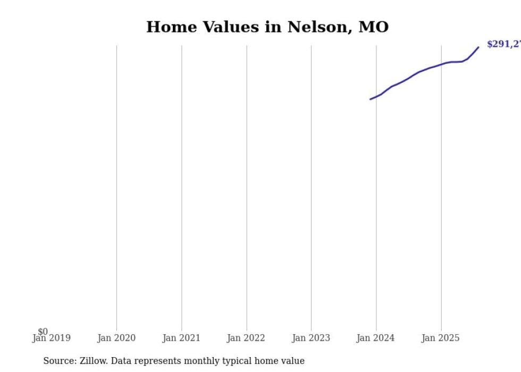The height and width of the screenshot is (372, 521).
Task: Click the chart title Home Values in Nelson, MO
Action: tap(267, 27)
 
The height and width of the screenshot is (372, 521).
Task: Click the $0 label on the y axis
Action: tap(43, 332)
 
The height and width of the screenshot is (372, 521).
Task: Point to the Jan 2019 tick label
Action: tap(52, 338)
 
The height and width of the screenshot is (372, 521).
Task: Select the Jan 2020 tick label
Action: tap(116, 338)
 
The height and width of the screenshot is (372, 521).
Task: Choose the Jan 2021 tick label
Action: tap(181, 338)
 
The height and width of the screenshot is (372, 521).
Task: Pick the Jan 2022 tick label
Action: tap(246, 338)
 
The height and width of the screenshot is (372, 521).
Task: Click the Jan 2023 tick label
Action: tap(311, 338)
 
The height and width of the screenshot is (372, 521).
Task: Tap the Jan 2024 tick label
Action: tap(376, 338)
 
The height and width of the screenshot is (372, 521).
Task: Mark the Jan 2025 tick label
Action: tap(441, 338)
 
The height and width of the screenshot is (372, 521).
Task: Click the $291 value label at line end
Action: tap(503, 45)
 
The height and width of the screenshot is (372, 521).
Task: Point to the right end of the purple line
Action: tap(478, 47)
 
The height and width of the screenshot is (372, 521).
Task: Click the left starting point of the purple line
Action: tap(371, 99)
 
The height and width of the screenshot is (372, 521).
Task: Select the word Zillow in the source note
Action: tap(93, 361)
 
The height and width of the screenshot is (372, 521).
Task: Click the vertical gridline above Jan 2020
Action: tap(117, 186)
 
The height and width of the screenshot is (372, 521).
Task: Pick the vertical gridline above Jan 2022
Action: tap(247, 186)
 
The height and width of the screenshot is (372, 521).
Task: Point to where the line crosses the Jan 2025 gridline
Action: tap(441, 64)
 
